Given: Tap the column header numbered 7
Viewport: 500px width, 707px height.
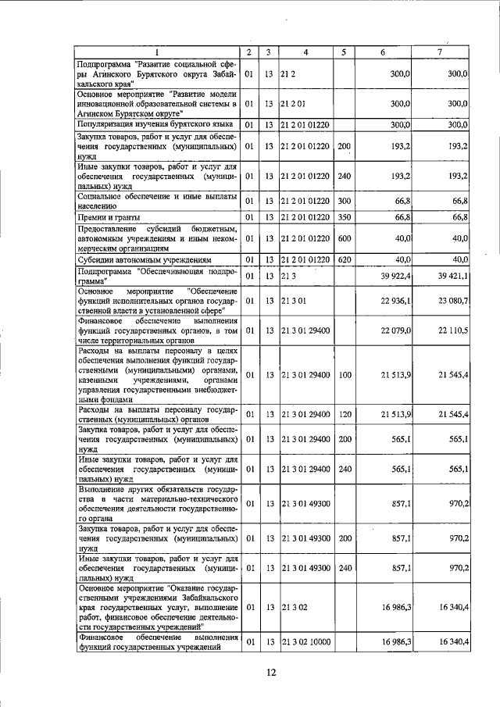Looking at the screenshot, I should pyautogui.click(x=442, y=52).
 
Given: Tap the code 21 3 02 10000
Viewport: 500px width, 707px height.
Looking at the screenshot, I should pyautogui.click(x=307, y=641).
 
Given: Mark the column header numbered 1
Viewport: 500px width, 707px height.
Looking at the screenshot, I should pyautogui.click(x=156, y=52).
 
